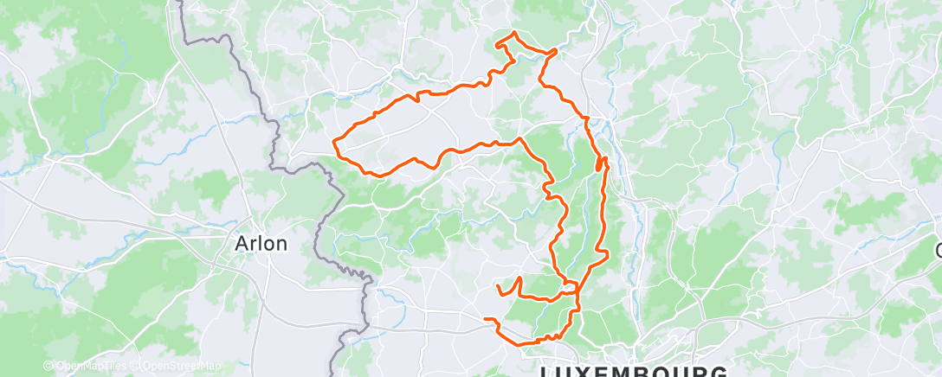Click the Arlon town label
[x=261, y=244]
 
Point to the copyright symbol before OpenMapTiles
[x=48, y=367]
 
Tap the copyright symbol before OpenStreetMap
[x=135, y=367]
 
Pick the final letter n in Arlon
[x=281, y=245]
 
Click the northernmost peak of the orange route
[x=514, y=33]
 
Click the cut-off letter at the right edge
[x=938, y=251]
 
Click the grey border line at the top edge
[x=183, y=7]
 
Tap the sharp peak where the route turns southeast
[x=519, y=138]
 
